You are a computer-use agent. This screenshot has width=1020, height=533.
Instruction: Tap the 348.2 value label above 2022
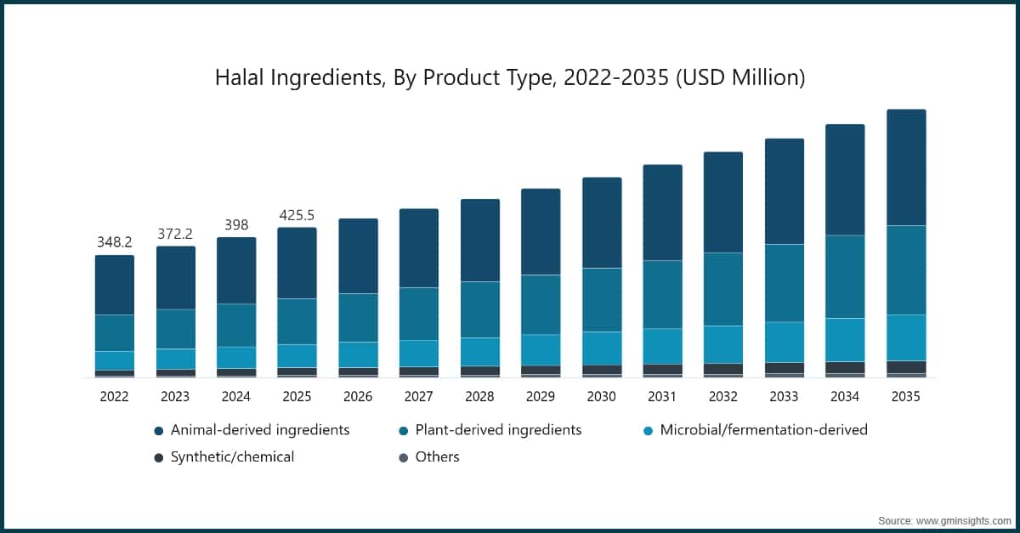pyautogui.click(x=114, y=242)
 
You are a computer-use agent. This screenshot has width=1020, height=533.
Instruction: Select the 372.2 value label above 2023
pyautogui.click(x=175, y=233)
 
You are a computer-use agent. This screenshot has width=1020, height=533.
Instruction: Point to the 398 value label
pyautogui.click(x=236, y=224)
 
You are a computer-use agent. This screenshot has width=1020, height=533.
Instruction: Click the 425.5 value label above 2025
pyautogui.click(x=297, y=214)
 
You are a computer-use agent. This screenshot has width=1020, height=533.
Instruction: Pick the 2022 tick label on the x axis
pyautogui.click(x=114, y=396)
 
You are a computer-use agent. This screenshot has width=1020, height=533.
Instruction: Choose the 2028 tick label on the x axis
pyautogui.click(x=479, y=396)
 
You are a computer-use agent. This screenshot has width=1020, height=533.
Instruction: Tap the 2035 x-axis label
pyautogui.click(x=906, y=396)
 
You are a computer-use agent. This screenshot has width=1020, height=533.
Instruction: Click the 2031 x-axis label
pyautogui.click(x=662, y=396)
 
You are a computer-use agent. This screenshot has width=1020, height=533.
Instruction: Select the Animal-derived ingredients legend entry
pyautogui.click(x=259, y=430)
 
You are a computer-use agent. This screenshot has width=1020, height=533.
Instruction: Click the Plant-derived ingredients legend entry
pyautogui.click(x=497, y=430)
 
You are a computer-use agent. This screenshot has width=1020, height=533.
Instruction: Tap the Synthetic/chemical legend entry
pyautogui.click(x=231, y=457)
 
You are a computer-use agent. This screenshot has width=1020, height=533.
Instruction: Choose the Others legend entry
pyautogui.click(x=436, y=457)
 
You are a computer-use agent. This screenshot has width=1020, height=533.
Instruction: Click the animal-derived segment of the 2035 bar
pyautogui.click(x=906, y=167)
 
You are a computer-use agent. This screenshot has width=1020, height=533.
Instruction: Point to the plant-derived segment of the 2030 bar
pyautogui.click(x=601, y=300)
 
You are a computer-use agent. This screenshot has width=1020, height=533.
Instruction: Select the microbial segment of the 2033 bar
pyautogui.click(x=785, y=342)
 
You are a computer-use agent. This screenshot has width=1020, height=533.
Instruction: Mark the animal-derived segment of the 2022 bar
pyautogui.click(x=114, y=285)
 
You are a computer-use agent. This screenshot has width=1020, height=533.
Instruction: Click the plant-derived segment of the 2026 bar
pyautogui.click(x=358, y=318)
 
